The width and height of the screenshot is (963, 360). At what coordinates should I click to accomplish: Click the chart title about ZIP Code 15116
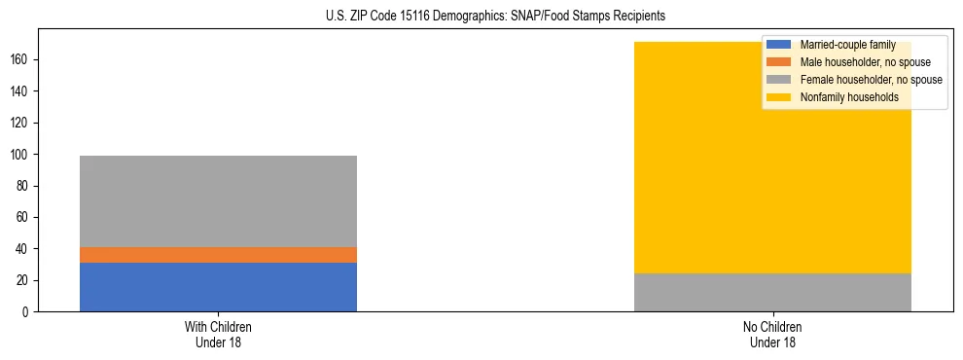point(481,17)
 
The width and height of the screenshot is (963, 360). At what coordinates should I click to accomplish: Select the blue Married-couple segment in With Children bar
point(218,287)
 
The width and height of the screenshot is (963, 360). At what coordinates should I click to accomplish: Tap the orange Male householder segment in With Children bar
point(218,255)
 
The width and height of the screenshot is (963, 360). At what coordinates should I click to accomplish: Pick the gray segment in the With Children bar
point(218,201)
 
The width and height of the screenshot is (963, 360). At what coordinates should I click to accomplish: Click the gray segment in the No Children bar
point(772,293)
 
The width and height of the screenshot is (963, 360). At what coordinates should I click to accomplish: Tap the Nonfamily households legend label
point(842,97)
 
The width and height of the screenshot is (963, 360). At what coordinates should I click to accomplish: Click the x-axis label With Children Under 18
point(218,334)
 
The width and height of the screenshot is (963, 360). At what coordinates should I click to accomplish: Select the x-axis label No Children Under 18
point(772,334)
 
